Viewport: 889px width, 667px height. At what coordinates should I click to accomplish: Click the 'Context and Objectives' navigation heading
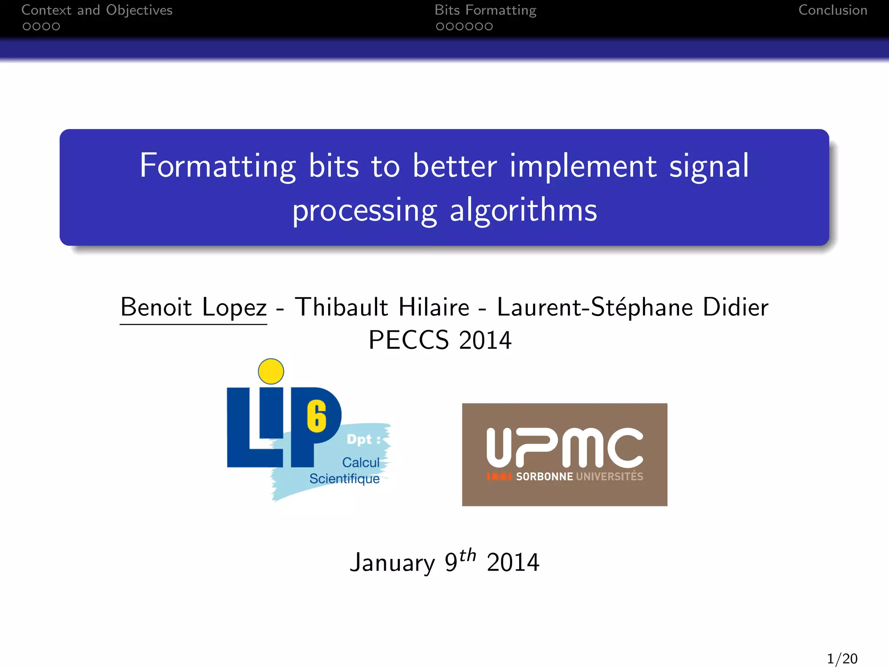97,10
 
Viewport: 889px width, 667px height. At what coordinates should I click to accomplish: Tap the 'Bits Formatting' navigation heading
485,10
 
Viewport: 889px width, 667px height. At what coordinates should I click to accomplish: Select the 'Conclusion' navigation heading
833,10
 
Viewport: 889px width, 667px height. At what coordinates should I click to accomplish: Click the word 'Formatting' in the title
218,167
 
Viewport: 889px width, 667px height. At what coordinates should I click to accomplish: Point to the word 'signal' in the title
709,167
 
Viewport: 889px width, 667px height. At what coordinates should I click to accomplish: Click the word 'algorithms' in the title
523,211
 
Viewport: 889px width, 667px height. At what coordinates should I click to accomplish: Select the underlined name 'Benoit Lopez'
194,307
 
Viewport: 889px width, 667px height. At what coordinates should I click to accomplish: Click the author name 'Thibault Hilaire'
382,307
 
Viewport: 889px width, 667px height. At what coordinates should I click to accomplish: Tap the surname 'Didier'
735,307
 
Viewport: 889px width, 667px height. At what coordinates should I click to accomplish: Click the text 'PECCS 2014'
440,340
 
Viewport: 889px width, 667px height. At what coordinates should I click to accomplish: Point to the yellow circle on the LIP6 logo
271,371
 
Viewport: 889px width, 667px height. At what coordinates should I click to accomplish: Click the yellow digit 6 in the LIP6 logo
317,417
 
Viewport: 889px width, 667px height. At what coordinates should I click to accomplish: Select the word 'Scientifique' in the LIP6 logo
344,479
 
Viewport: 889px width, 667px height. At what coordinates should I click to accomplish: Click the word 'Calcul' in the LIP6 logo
361,462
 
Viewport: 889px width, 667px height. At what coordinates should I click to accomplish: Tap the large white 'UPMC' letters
564,447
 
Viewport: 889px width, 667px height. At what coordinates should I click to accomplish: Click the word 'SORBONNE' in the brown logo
544,477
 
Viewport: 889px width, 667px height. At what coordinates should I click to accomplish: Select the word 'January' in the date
392,563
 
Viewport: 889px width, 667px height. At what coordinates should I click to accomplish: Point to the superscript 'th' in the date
468,555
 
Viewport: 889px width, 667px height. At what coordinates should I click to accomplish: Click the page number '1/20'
842,658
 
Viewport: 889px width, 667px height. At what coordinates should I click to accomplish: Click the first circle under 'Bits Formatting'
440,27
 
